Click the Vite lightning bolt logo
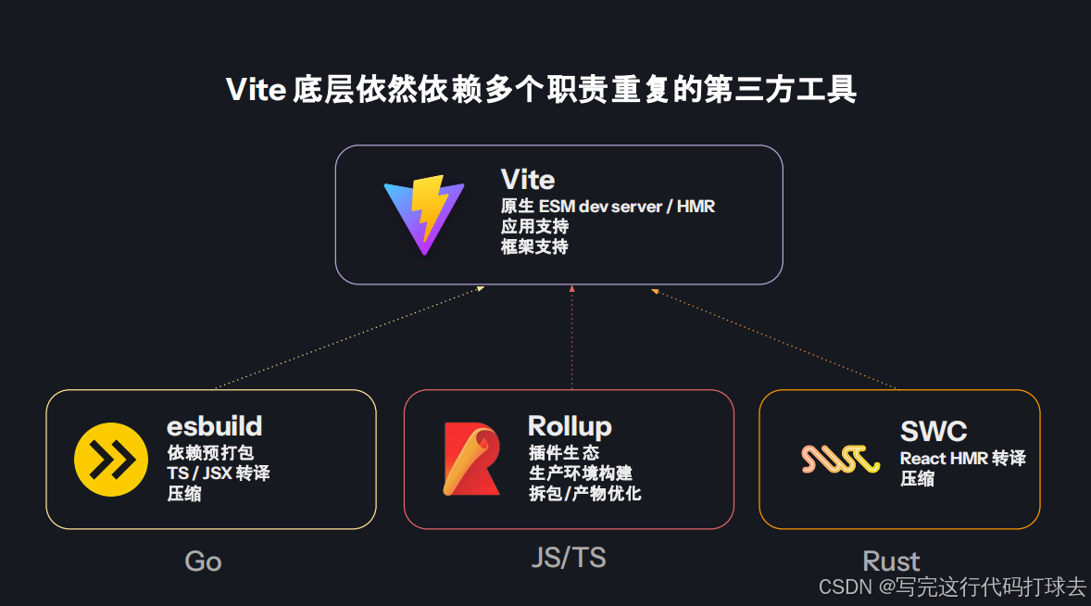[423, 214]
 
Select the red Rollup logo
[471, 458]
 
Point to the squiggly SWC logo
[840, 459]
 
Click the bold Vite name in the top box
[527, 179]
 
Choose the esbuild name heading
[214, 426]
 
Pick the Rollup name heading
[570, 426]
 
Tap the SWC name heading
[933, 431]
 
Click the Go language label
[203, 562]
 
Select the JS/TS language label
[569, 557]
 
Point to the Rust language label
[891, 562]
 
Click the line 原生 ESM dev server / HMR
[608, 206]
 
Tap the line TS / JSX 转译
[219, 473]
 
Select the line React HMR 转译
[962, 458]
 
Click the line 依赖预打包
[210, 452]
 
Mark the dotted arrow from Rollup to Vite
[572, 337]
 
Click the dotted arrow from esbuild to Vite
[348, 337]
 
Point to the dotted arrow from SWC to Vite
[774, 339]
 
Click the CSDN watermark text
[953, 587]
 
